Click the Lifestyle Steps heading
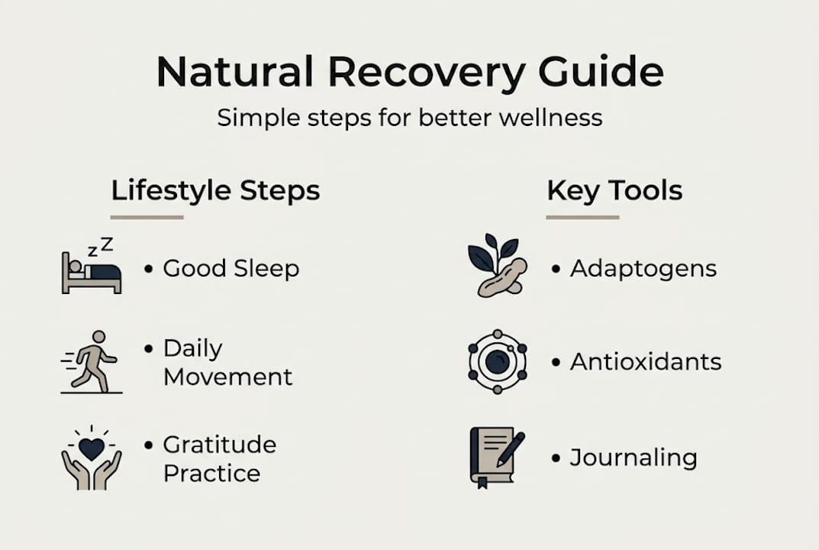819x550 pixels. [x=215, y=190]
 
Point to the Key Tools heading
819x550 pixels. [x=614, y=190]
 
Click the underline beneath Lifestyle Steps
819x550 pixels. [x=147, y=217]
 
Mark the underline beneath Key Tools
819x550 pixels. [x=582, y=217]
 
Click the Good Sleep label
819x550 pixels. [x=231, y=269]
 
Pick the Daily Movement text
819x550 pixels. [x=227, y=363]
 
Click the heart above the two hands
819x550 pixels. [x=92, y=448]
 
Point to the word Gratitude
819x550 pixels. [x=220, y=445]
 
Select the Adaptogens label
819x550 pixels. [x=643, y=269]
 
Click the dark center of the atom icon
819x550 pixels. [x=497, y=361]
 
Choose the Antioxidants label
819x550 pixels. [x=645, y=361]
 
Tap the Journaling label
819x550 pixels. [x=634, y=458]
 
